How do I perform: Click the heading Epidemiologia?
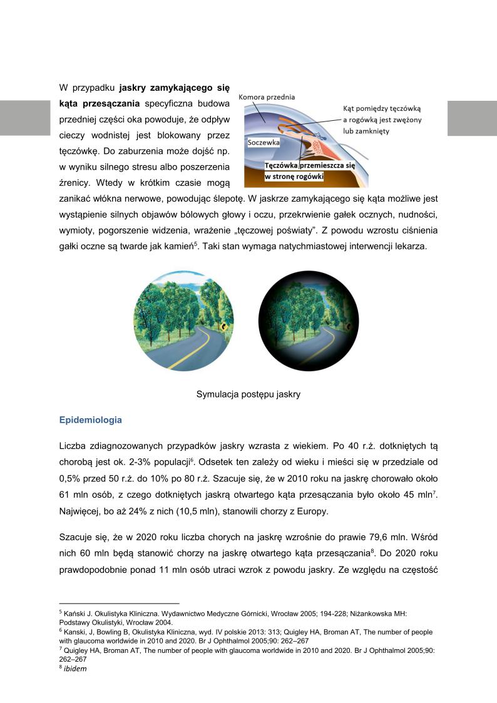pyautogui.click(x=90, y=420)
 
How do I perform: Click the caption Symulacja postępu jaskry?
pyautogui.click(x=248, y=394)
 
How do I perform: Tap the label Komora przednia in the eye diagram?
pyautogui.click(x=267, y=97)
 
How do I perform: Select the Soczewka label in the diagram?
pyautogui.click(x=264, y=142)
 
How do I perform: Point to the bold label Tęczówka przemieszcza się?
pyautogui.click(x=310, y=165)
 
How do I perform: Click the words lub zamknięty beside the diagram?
pyautogui.click(x=367, y=131)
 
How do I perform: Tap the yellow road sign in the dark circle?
pyautogui.click(x=347, y=326)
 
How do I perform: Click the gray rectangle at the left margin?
pyautogui.click(x=25, y=118)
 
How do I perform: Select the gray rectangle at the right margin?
pyautogui.click(x=472, y=118)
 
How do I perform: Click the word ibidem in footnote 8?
pyautogui.click(x=74, y=669)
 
